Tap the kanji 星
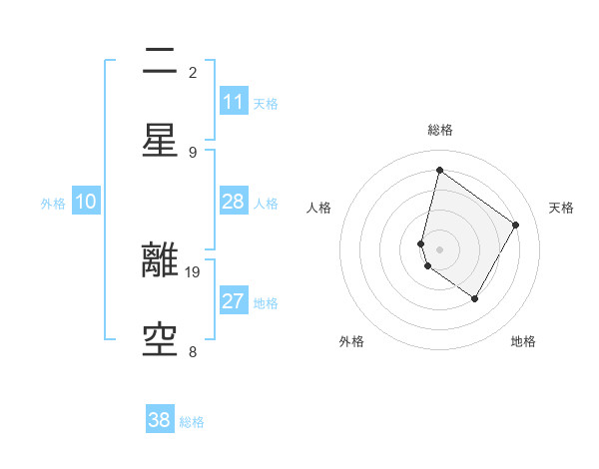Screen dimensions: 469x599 pos(160,141)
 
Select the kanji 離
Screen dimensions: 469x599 pos(160,261)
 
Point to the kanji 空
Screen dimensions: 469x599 pos(160,341)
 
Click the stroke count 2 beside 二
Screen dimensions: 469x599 pos(193,72)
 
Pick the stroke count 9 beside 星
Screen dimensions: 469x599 pos(193,152)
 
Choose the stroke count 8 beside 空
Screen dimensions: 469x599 pos(193,351)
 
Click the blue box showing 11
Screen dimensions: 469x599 pos(234,102)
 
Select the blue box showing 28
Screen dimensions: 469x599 pos(234,202)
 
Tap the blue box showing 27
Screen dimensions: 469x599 pos(234,301)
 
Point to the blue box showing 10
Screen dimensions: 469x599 pos(86,202)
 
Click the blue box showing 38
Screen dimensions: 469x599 pos(160,420)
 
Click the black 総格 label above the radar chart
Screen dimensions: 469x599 pos(439,130)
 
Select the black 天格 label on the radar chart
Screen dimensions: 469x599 pos(561,208)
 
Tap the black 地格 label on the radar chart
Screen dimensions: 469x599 pos(523,341)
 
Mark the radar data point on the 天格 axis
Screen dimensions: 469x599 pos(516,225)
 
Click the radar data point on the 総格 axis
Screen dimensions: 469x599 pos(439,170)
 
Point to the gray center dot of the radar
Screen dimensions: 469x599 pos(439,248)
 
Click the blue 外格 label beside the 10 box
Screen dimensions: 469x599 pos(53,203)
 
